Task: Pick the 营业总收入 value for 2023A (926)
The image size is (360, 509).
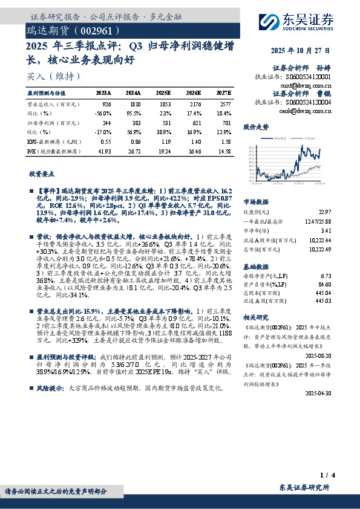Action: (106, 105)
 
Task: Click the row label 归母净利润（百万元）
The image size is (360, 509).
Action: (50, 122)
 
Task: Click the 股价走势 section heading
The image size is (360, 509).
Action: (256, 128)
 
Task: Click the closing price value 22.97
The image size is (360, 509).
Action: (325, 211)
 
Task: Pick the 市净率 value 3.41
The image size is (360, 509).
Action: (326, 230)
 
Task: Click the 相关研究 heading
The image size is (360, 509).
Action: (256, 317)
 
